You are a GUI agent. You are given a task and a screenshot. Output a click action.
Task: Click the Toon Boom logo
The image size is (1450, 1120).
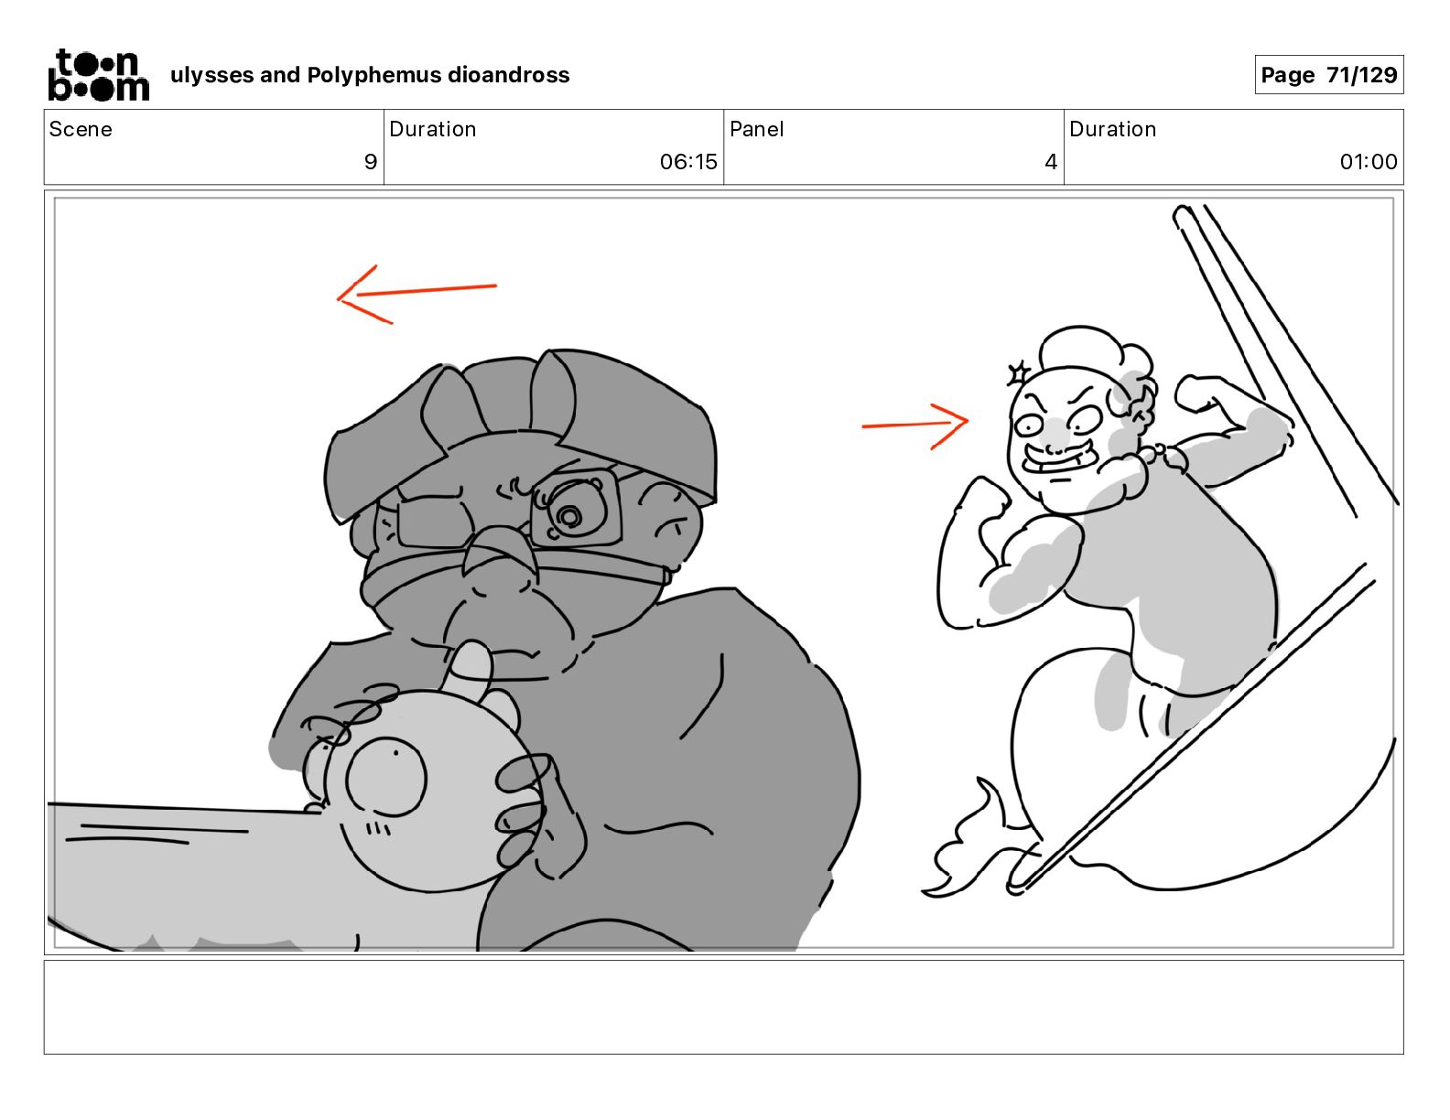[99, 75]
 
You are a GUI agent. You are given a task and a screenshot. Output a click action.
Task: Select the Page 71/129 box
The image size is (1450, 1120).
[1328, 75]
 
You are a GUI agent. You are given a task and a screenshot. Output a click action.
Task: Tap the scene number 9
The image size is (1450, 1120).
[371, 161]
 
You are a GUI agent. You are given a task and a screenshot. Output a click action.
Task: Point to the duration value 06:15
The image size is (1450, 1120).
[688, 161]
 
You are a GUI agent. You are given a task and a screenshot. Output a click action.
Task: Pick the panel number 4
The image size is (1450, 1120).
[1051, 161]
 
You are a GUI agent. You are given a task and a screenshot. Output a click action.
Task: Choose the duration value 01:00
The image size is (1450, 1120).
[1368, 161]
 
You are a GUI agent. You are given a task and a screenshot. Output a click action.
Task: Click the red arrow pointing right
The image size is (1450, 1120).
[914, 425]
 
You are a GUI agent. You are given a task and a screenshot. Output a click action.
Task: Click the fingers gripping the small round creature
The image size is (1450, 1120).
[524, 811]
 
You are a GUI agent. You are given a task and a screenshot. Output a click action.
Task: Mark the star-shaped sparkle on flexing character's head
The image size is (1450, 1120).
[1019, 372]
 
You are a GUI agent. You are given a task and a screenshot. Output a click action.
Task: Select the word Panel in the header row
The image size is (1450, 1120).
[757, 129]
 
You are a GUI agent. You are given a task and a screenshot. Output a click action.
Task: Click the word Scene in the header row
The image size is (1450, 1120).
[81, 129]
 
